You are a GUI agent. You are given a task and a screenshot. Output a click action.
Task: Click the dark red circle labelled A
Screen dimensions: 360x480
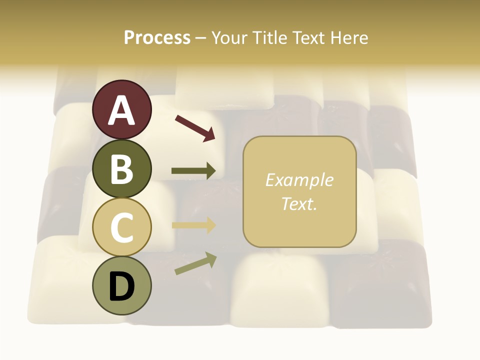tap(121, 110)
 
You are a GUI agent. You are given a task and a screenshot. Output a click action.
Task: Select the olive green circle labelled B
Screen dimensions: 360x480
tap(121, 168)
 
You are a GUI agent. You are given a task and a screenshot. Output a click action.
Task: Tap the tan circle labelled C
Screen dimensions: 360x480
tap(121, 227)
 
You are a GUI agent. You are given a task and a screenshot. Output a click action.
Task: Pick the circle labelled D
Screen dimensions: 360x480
tap(121, 285)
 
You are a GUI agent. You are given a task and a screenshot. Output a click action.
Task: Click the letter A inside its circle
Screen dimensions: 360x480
tap(121, 110)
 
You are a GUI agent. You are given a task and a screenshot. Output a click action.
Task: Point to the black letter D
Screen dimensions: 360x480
tap(121, 286)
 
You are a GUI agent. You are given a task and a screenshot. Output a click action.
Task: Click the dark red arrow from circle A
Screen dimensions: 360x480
tap(194, 127)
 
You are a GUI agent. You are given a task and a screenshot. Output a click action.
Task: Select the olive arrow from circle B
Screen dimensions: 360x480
tap(193, 171)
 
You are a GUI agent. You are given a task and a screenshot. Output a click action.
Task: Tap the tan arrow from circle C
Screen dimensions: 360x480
tap(193, 225)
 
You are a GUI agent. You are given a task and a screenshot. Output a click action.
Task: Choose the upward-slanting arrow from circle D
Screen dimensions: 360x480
tap(195, 263)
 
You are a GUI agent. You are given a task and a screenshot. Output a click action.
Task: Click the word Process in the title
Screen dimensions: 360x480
tap(157, 37)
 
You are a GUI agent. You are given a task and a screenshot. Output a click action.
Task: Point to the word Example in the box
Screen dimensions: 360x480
tap(299, 180)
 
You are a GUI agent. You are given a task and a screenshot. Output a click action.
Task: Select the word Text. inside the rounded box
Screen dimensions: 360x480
tap(299, 203)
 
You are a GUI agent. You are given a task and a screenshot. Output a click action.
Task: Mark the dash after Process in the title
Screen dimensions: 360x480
tap(201, 38)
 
